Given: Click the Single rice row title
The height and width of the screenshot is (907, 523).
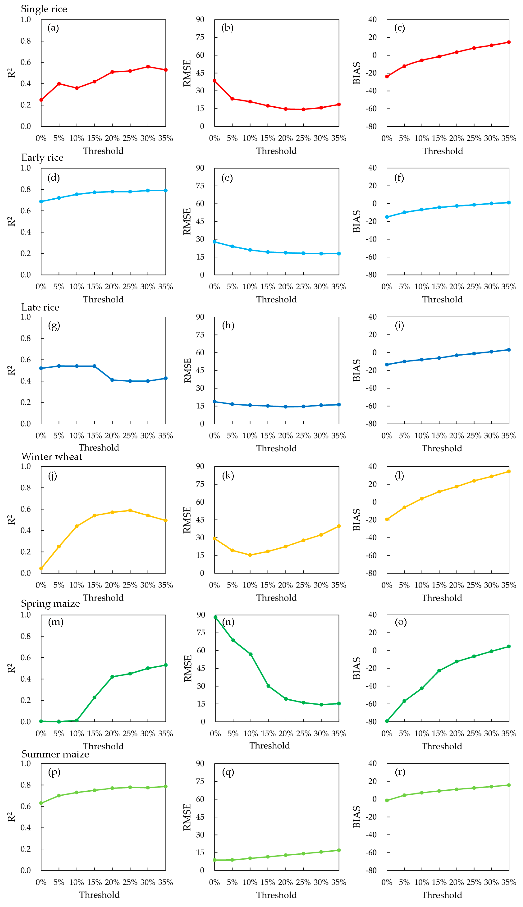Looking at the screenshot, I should click(x=44, y=9).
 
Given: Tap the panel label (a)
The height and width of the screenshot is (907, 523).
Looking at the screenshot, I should click(x=53, y=28).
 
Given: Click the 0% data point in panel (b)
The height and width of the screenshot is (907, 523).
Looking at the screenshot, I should click(x=214, y=81).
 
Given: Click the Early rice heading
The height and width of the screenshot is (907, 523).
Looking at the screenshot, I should click(x=42, y=158).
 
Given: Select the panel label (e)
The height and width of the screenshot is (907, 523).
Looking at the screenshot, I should click(x=227, y=178).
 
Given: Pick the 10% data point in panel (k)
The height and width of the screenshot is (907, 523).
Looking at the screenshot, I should click(x=250, y=555).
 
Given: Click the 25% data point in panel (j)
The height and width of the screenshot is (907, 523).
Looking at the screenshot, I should click(x=130, y=511).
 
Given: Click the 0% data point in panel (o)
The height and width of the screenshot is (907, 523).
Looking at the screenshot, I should click(x=387, y=721).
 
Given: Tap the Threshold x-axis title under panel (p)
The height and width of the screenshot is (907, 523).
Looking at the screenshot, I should click(x=99, y=895).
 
